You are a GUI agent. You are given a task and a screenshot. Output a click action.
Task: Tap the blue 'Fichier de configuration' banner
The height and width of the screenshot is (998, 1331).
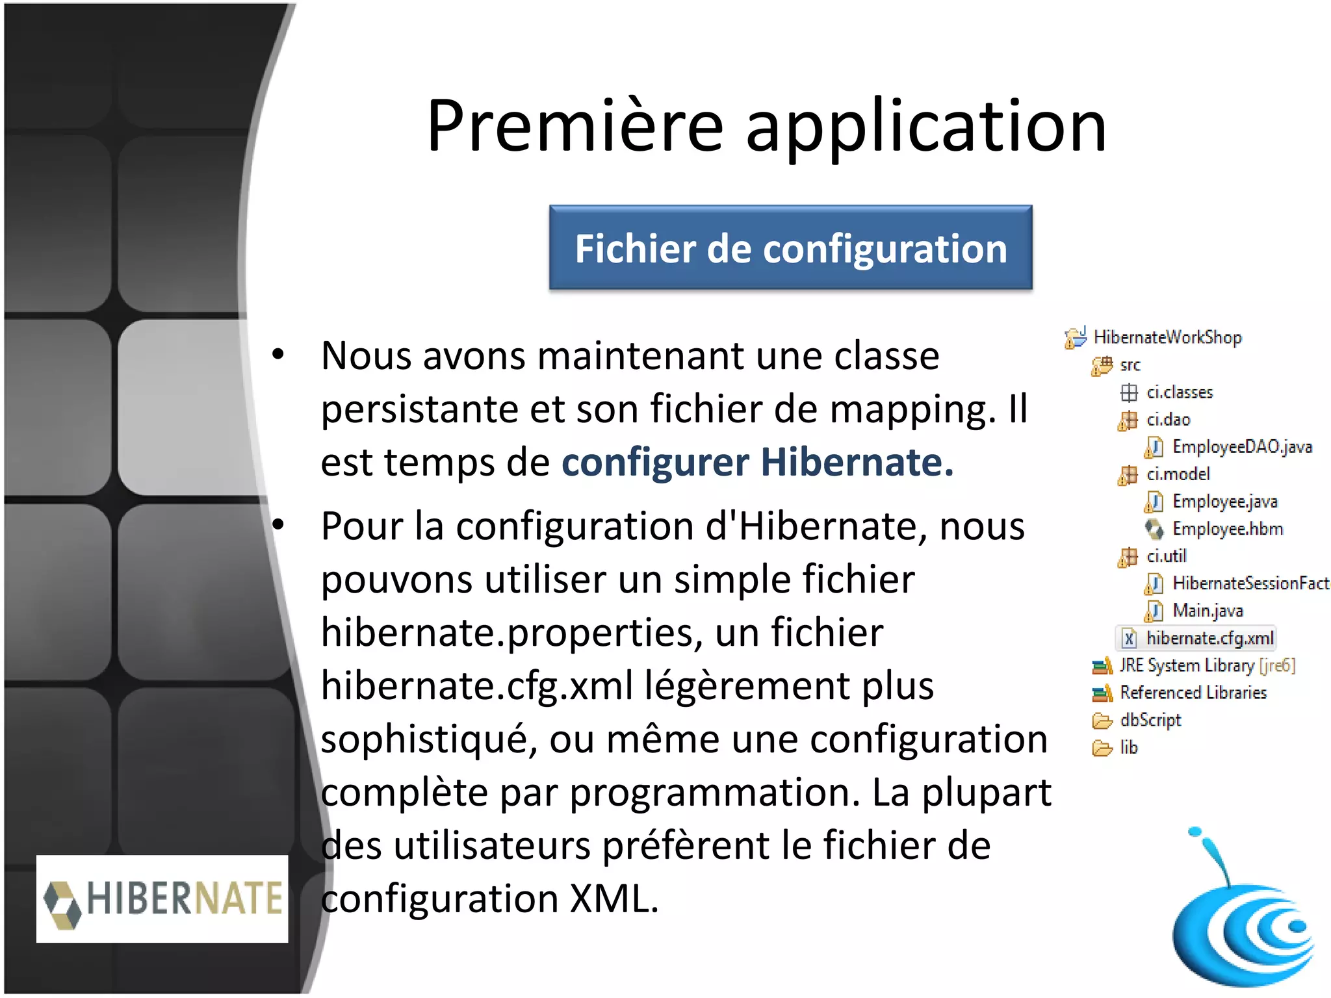[x=790, y=248]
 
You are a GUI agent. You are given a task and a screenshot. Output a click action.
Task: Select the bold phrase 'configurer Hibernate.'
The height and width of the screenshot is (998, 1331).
[x=757, y=463]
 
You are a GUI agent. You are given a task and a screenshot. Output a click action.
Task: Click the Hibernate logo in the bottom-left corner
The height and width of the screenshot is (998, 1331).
[x=162, y=899]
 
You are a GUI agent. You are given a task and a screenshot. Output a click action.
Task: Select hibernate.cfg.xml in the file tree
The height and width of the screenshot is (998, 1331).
[x=1209, y=638]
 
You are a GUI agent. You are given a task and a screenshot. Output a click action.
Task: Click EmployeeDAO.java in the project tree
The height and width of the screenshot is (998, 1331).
[x=1241, y=447]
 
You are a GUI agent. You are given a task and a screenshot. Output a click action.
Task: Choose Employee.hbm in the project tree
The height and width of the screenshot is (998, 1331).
[x=1227, y=529]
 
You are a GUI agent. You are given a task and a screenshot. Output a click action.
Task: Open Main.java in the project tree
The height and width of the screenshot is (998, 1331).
[x=1207, y=611]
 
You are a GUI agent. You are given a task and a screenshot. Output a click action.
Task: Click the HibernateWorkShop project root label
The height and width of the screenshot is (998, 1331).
[x=1167, y=337]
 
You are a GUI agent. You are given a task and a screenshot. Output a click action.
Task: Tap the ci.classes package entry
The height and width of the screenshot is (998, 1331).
[x=1179, y=392]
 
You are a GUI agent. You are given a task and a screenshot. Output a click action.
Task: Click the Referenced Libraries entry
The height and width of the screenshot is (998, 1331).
[x=1193, y=693]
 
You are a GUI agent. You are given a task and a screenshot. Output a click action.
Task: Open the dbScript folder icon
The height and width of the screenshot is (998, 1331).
[x=1102, y=721]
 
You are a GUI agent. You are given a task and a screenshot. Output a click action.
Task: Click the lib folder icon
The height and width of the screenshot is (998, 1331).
[x=1102, y=748]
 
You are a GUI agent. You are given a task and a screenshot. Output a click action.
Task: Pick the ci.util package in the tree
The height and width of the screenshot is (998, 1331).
[x=1166, y=556]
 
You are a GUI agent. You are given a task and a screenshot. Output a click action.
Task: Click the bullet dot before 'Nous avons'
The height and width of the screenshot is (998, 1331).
[x=278, y=355]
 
